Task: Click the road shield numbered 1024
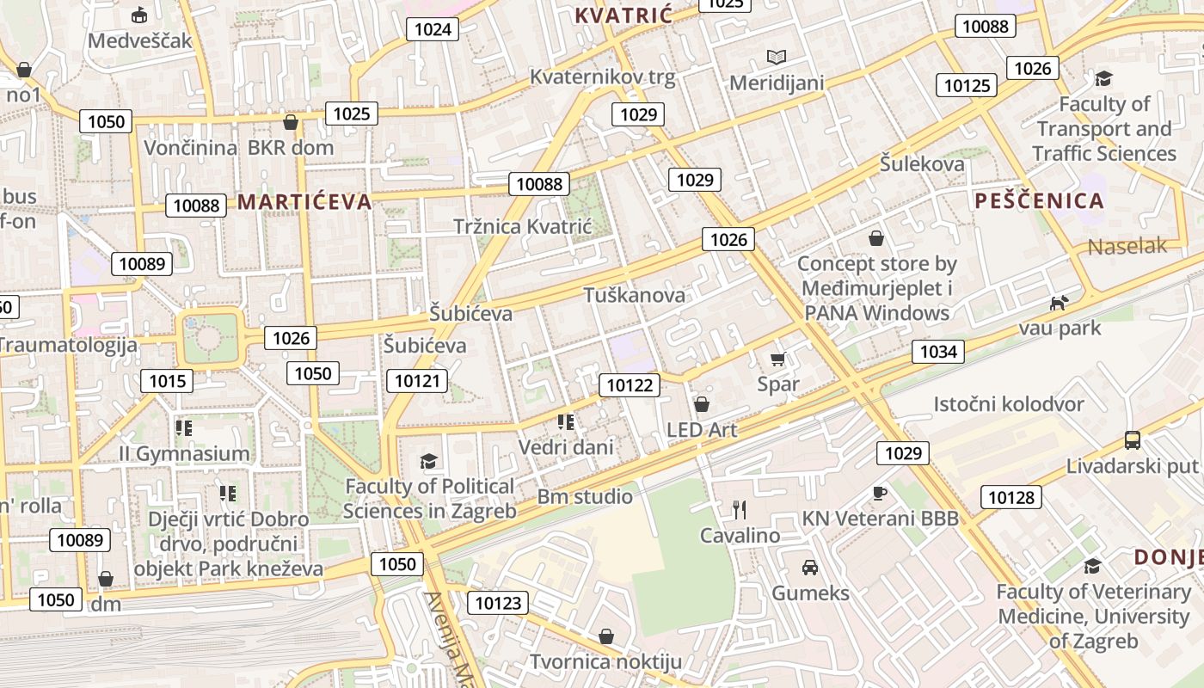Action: (433, 29)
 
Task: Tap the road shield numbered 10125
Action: (967, 85)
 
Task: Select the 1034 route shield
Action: (937, 351)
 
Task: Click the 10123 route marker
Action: (498, 603)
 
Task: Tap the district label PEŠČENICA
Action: (1039, 201)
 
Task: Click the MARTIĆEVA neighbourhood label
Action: (304, 202)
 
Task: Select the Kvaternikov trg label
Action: (602, 77)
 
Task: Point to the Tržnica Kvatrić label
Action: (523, 227)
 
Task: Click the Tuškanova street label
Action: (635, 295)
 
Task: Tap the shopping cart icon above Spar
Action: (778, 359)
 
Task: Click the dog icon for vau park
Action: (1059, 303)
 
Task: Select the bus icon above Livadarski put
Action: (1133, 440)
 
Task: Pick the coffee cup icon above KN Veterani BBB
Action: (879, 493)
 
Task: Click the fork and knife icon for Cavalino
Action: (739, 509)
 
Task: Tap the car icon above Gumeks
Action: (809, 567)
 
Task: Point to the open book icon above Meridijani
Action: (777, 58)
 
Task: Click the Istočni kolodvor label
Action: (1009, 404)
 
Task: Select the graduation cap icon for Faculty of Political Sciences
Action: (429, 461)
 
